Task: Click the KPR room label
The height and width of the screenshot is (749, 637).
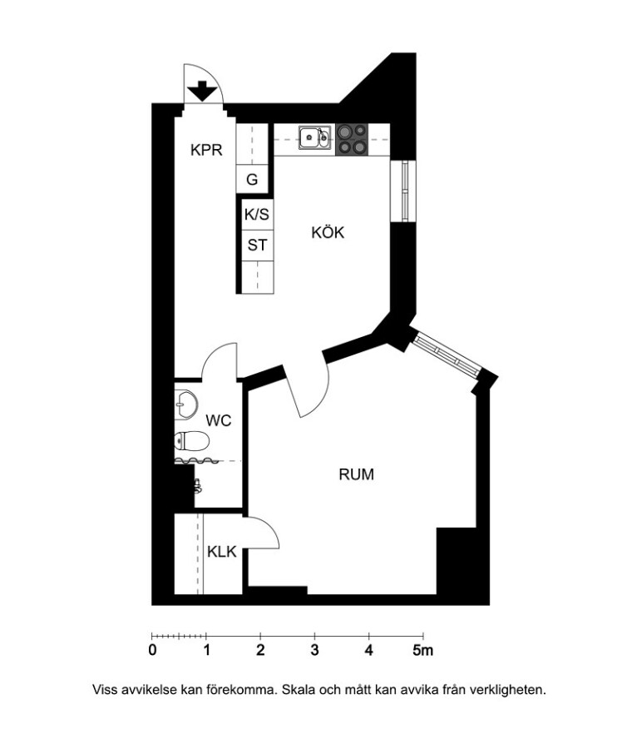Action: point(206,150)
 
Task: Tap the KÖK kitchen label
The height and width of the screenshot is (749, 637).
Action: point(328,233)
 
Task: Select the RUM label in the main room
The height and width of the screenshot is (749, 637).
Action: point(357,474)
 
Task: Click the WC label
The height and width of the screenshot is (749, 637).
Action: point(219,421)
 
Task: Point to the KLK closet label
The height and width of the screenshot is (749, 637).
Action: point(222,552)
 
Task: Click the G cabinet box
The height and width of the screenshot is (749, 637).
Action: point(252,179)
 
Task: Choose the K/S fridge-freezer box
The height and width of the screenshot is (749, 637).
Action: point(257,215)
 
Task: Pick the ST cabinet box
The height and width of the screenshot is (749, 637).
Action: point(257,245)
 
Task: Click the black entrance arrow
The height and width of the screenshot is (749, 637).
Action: point(203,91)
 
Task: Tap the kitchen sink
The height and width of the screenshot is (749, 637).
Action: point(314,137)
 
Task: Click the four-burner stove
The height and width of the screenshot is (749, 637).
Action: point(352,140)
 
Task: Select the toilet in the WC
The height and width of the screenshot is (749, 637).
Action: point(191,441)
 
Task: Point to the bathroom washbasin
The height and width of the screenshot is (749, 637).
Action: point(185,404)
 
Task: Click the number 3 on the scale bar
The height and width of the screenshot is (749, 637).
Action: point(314,650)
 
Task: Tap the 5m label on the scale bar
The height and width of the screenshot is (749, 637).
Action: point(422,650)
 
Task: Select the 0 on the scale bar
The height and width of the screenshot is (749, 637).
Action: point(152,650)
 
